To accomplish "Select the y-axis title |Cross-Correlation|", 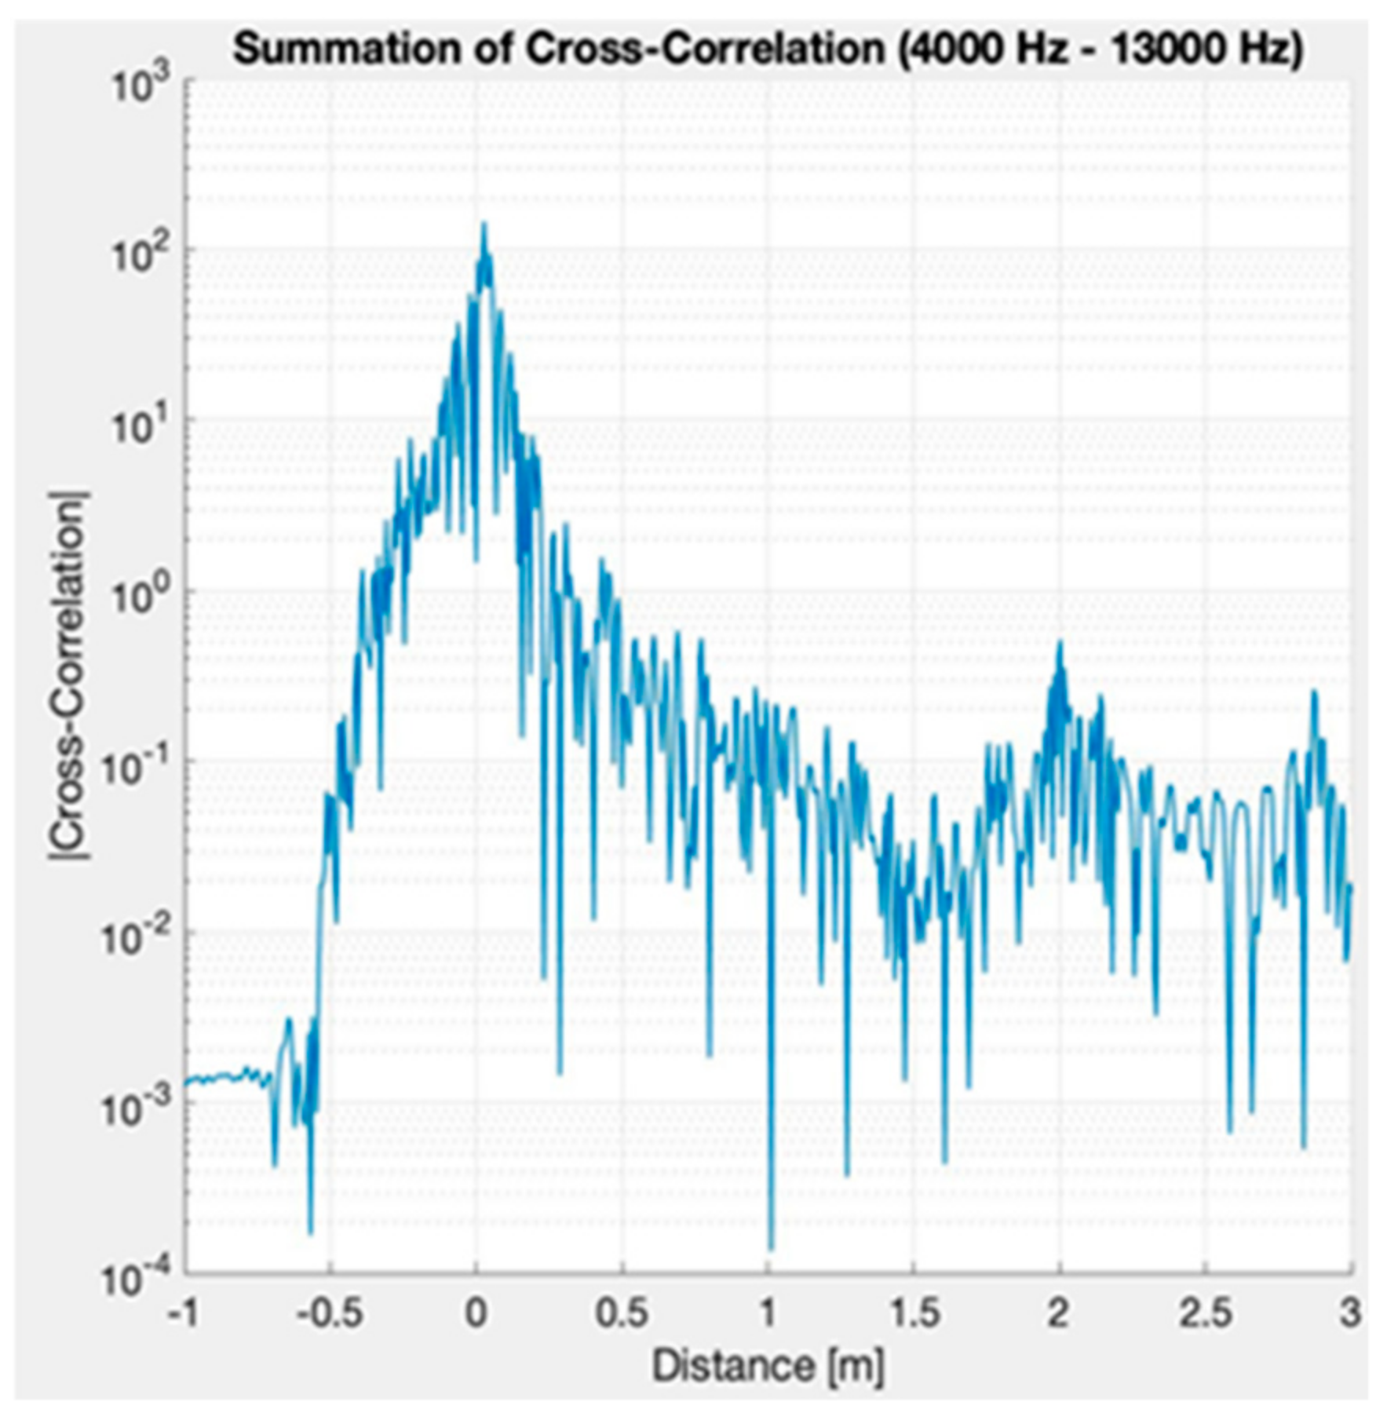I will pyautogui.click(x=69, y=675).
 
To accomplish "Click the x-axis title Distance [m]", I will pyautogui.click(x=768, y=1366).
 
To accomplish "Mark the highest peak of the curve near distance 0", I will pyautogui.click(x=484, y=225).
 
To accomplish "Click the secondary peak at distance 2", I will pyautogui.click(x=1060, y=644).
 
